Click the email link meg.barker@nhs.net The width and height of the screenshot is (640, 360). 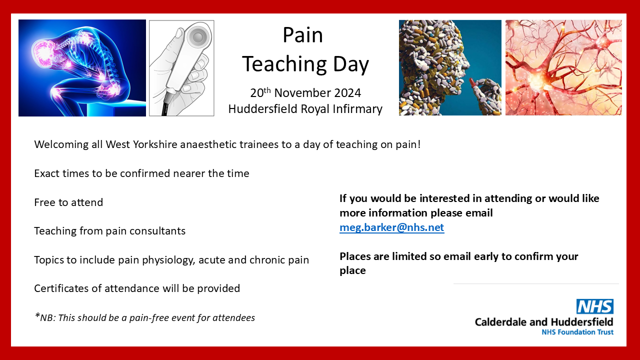tap(391, 227)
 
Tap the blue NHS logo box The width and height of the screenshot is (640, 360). tap(594, 306)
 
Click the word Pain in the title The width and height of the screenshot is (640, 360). tap(302, 35)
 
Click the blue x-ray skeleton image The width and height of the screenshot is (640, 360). tap(82, 68)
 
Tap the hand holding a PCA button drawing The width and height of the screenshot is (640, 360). tap(181, 68)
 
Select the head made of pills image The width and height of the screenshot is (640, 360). tap(449, 68)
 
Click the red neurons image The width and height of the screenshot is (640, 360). tap(563, 68)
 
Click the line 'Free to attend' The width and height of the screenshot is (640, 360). tap(68, 202)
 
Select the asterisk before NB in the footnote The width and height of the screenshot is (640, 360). tap(37, 316)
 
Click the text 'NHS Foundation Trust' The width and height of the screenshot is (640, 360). tap(577, 332)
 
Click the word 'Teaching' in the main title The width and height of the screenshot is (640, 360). tap(276, 64)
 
